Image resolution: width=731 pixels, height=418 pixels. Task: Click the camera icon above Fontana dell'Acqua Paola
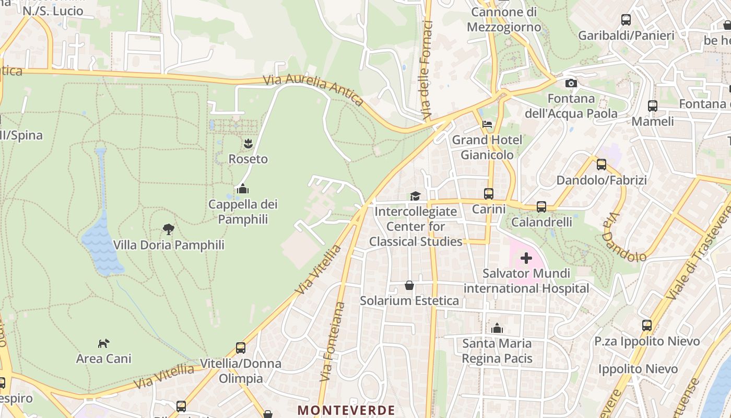(x=571, y=84)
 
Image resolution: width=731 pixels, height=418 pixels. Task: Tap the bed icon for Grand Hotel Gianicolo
(x=487, y=124)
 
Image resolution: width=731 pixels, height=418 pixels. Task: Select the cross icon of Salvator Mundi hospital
(x=526, y=258)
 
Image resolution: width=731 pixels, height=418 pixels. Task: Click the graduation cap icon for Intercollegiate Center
(x=415, y=196)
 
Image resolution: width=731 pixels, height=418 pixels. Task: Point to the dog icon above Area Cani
(x=104, y=343)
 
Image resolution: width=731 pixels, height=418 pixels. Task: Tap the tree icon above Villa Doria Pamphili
(x=168, y=229)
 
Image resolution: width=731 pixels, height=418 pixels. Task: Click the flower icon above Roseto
(x=248, y=143)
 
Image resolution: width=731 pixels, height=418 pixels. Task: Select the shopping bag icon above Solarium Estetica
(x=409, y=285)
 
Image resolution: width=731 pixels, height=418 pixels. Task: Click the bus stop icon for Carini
(x=489, y=194)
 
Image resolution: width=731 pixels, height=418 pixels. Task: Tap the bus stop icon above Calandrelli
(x=541, y=207)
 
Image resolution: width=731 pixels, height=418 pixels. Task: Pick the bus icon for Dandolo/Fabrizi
(x=602, y=165)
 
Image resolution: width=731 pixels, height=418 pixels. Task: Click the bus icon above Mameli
(x=653, y=106)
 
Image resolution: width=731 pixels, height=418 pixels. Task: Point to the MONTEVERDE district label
(x=346, y=410)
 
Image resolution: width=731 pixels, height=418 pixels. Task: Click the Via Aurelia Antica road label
(x=313, y=89)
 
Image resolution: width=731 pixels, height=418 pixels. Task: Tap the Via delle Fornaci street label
(x=428, y=69)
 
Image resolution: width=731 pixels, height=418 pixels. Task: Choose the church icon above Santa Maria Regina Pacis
(x=497, y=328)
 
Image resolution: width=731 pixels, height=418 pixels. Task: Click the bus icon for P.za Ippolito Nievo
(x=647, y=326)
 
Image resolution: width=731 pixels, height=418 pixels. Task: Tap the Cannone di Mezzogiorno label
(x=504, y=19)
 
